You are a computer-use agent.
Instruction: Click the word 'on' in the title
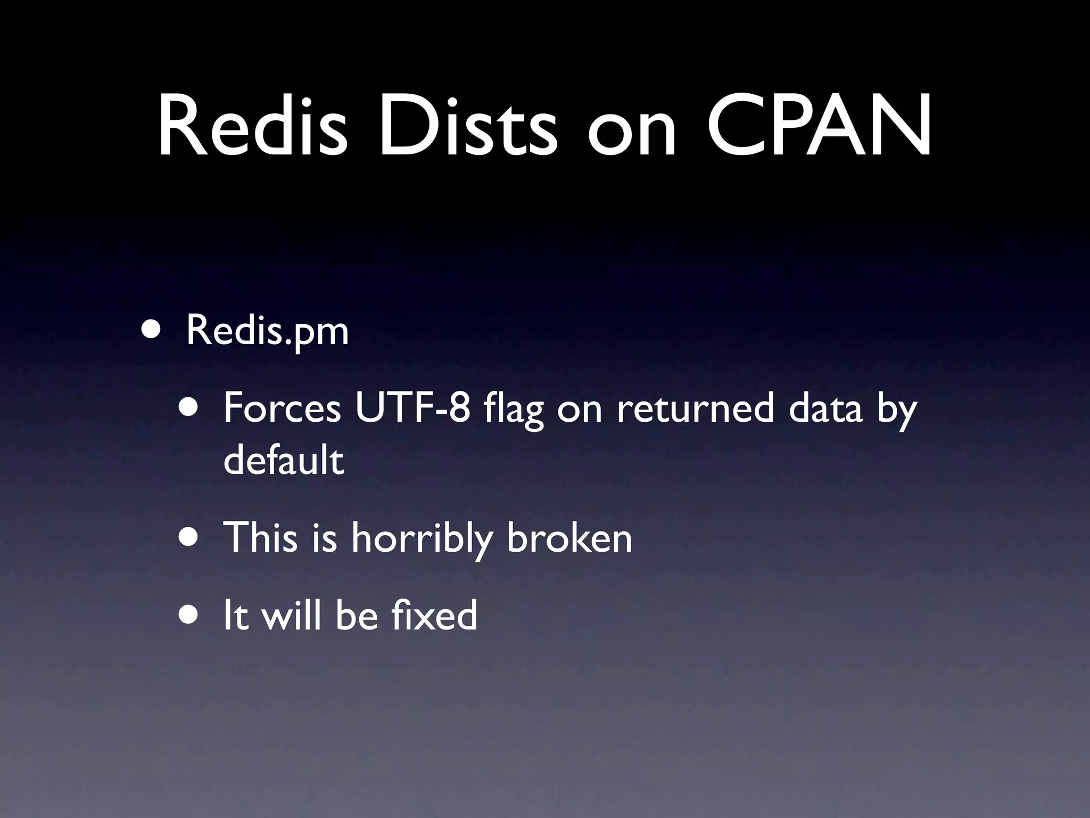coord(632,133)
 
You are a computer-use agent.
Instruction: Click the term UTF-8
coord(413,409)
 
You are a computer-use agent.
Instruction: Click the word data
coord(825,409)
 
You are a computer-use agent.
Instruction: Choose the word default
coord(284,460)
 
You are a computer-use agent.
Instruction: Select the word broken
coord(569,538)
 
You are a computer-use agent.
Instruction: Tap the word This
coord(260,538)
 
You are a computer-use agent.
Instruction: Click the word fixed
coord(434,616)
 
